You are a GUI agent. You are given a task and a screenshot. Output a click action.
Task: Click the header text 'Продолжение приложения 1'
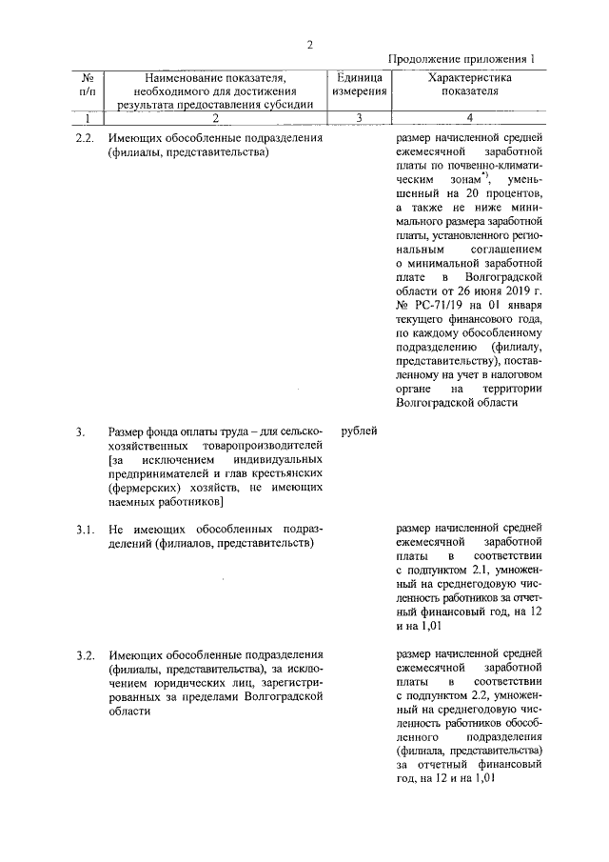tap(463, 59)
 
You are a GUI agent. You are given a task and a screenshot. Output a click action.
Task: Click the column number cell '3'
tap(359, 118)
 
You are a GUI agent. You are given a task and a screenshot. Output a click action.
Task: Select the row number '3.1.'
tap(86, 527)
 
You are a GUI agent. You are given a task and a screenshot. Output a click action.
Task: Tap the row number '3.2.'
tap(86, 655)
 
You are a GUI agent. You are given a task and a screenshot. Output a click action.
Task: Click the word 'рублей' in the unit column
tap(359, 431)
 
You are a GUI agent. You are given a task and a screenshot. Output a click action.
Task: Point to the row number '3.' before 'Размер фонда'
tap(81, 432)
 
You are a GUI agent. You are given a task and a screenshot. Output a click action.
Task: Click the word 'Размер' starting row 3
tap(128, 432)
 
